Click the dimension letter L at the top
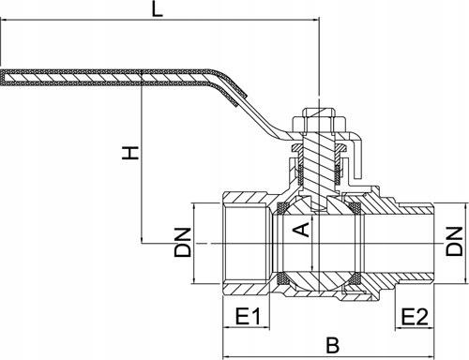pos(158,9)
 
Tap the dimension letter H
pos(130,153)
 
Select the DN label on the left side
pos(183,243)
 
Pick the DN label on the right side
pos(454,241)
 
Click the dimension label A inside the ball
pos(302,230)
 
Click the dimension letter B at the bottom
pos(332,345)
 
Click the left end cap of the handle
pos(3,78)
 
